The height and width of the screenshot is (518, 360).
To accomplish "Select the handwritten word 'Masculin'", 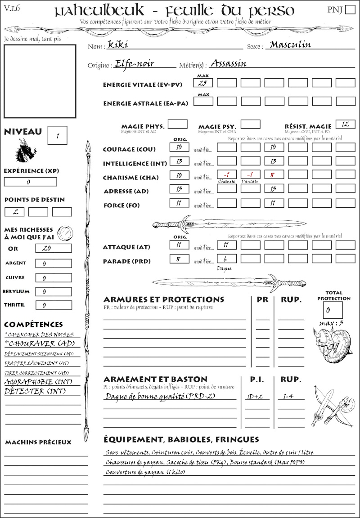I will [288, 45].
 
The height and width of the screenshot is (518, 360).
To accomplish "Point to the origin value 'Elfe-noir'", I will [135, 63].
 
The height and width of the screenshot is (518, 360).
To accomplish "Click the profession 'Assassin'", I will [229, 63].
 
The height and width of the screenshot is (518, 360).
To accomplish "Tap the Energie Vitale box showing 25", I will [203, 83].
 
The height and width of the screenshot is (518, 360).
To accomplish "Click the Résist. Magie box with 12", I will [345, 124].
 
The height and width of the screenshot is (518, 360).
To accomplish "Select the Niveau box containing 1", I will [58, 135].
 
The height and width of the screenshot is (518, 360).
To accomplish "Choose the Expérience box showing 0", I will [30, 182].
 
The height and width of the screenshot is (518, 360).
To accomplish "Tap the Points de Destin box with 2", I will [14, 211].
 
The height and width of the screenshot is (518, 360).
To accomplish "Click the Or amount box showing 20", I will [46, 248].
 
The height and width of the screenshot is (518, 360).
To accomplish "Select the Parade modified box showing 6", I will [226, 259].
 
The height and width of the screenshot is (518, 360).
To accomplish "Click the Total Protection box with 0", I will [333, 310].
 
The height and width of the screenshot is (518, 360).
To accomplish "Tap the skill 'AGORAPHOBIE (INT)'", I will [39, 383].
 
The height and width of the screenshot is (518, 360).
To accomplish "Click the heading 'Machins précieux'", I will [38, 442].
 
